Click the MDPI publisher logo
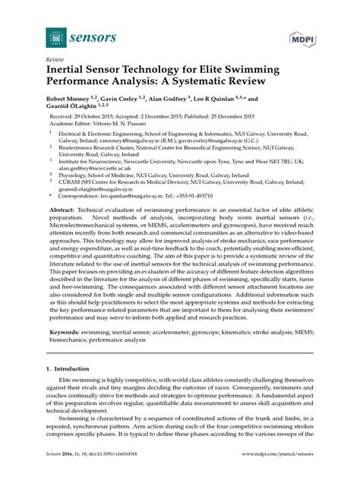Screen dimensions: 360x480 click(302, 39)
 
